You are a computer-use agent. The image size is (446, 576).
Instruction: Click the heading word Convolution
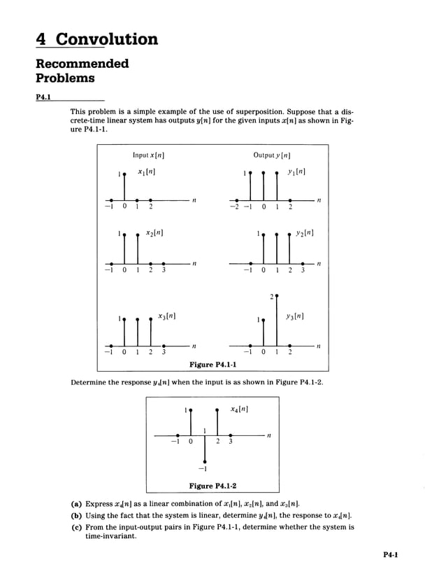coord(107,38)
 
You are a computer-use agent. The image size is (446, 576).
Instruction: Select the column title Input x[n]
coord(148,155)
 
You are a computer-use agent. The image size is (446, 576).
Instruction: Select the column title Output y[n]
coord(272,155)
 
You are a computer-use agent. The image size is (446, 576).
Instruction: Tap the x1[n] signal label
coord(146,171)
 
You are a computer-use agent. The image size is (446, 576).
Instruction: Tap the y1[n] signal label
coord(296,171)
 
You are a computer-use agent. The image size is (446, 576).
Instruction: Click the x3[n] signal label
coord(166,316)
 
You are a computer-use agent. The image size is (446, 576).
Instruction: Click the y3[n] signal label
coord(294,316)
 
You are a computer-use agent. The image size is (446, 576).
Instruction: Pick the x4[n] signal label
coord(240,409)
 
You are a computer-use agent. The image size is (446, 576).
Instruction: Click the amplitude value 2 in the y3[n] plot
coord(271,297)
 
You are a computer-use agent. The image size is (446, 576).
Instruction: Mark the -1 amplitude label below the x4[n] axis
coord(203,468)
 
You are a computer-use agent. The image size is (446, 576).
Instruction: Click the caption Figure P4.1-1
coord(213,365)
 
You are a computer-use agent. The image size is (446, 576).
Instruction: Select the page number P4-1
coord(390,556)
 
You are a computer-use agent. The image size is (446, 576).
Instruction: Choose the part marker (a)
coord(76,504)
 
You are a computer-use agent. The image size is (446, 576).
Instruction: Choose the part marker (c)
coord(76,527)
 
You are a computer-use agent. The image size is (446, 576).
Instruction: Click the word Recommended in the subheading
coord(82,64)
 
